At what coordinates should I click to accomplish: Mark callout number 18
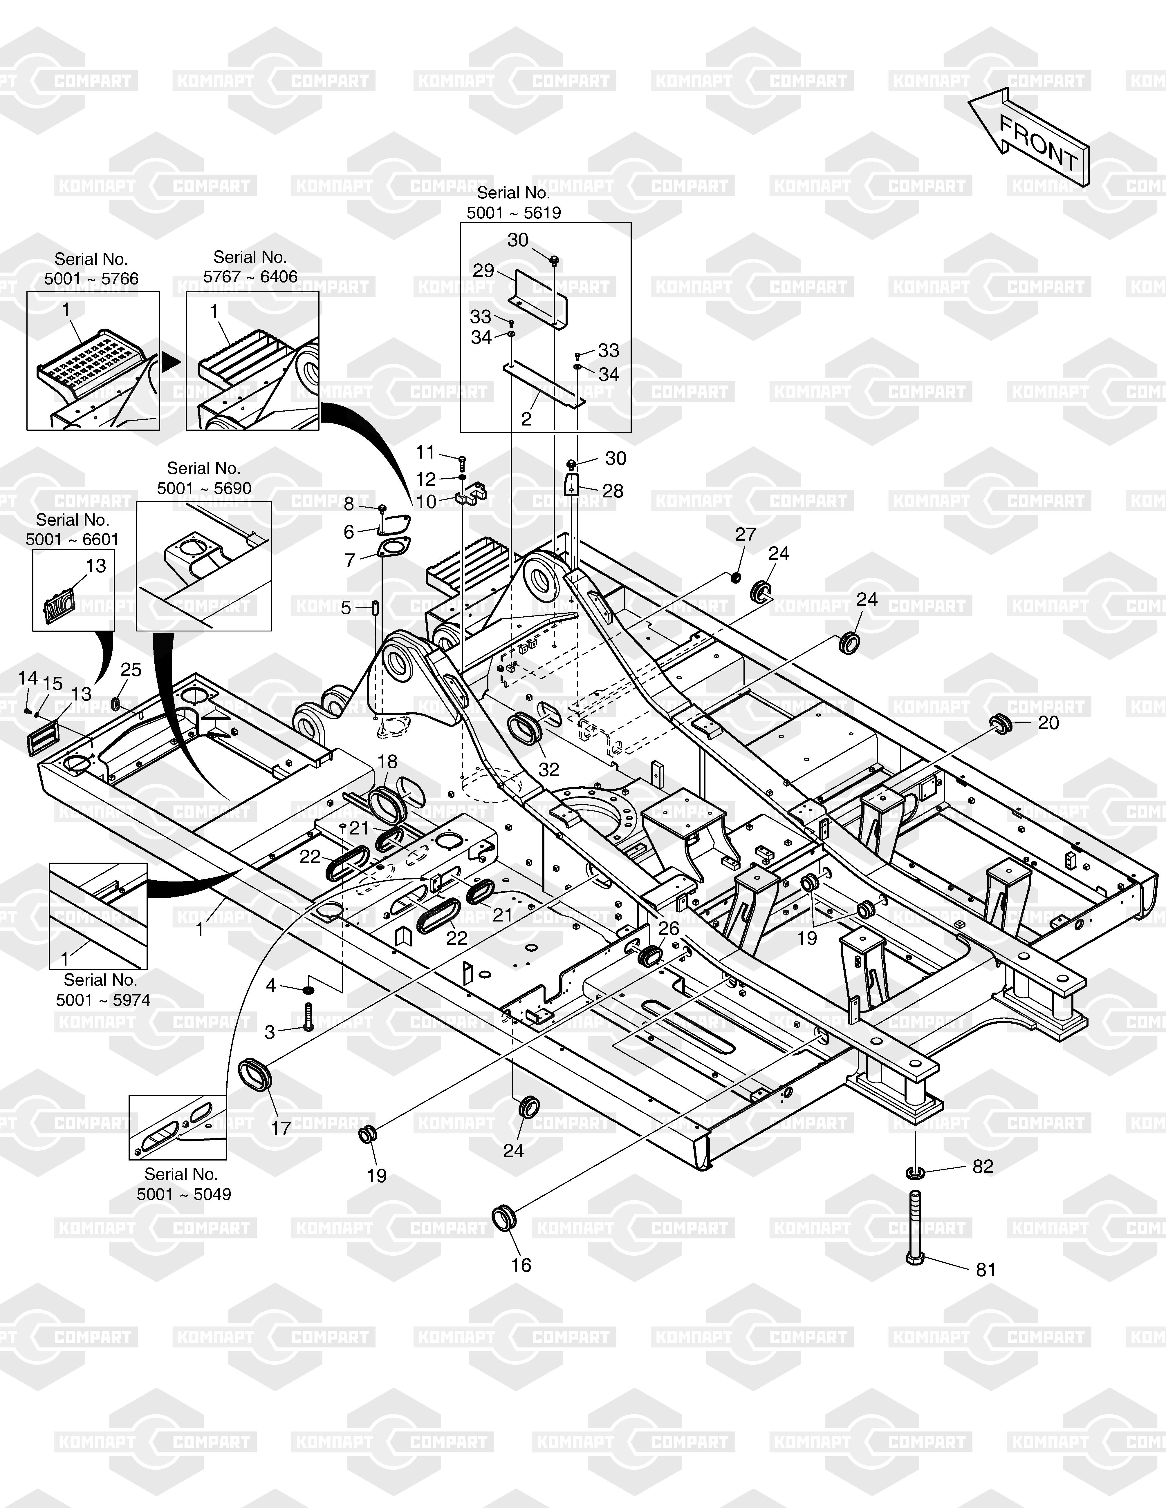[x=387, y=762]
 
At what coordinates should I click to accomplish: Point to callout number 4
[x=271, y=985]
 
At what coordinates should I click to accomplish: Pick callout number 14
[x=28, y=678]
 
